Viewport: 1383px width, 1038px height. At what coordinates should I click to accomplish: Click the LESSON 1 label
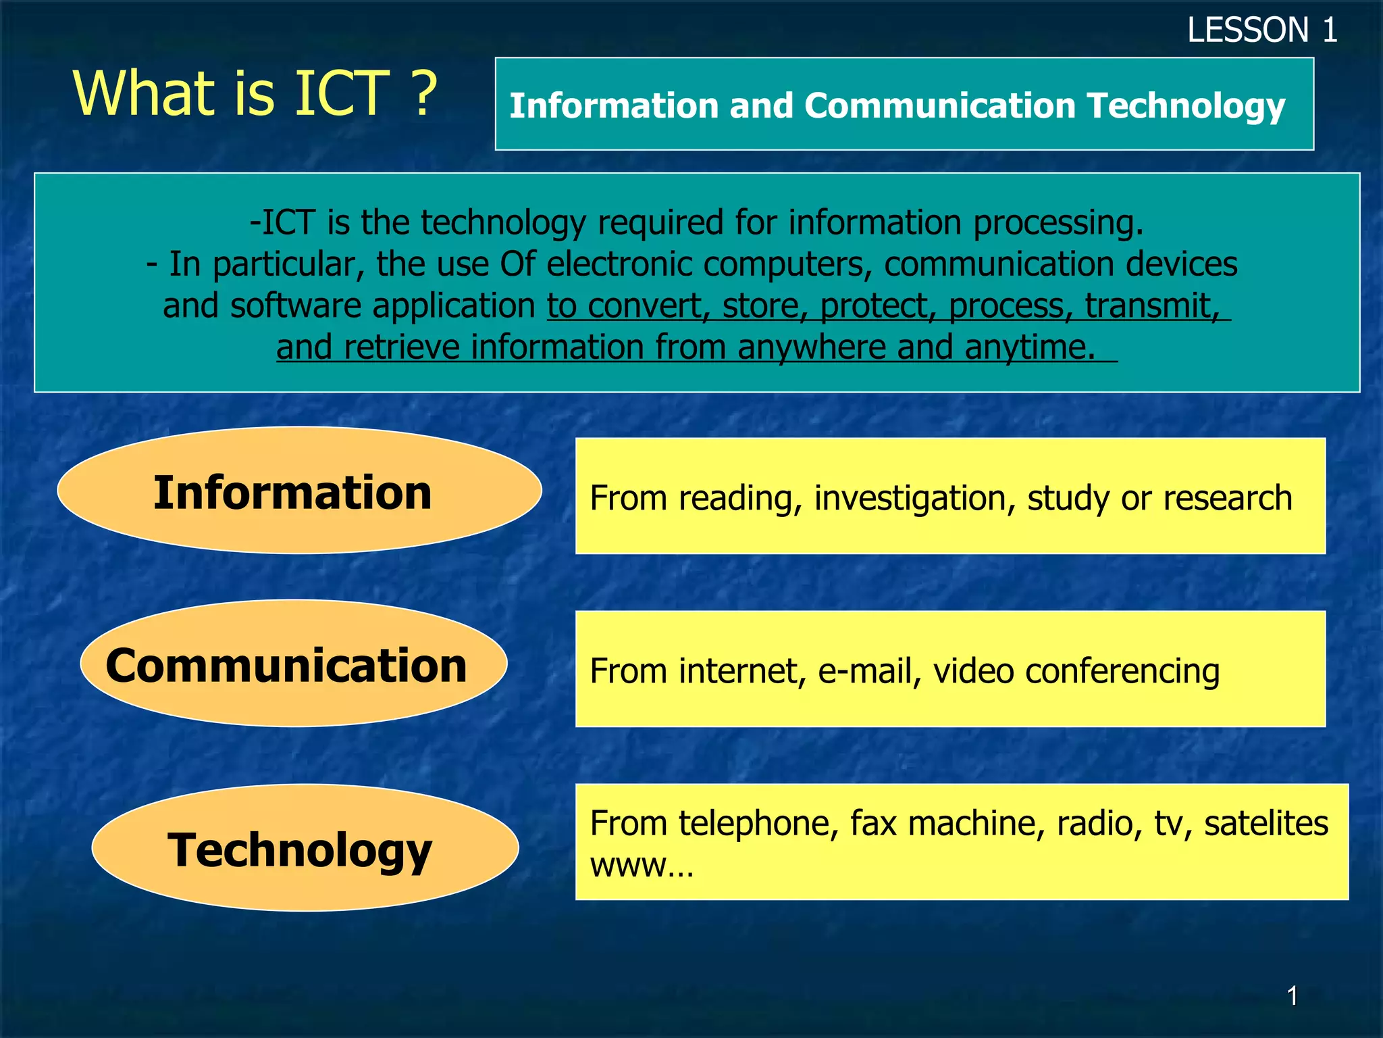point(1261,30)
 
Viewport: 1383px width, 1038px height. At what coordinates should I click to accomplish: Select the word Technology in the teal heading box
point(1186,106)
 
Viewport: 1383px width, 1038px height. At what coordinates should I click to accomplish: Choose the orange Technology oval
point(305,849)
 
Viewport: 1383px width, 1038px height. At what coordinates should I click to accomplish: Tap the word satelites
point(1265,823)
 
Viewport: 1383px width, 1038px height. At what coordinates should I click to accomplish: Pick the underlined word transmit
point(1152,306)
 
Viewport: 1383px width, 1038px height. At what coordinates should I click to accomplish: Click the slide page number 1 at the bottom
point(1292,995)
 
